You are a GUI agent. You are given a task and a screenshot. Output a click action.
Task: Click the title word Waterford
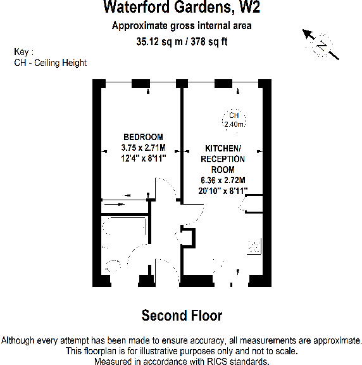point(135,8)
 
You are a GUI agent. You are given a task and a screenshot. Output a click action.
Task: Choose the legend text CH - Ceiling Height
point(50,63)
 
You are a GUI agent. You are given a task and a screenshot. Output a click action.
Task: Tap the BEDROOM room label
point(143,137)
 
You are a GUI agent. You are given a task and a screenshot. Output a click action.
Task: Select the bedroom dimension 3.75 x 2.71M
point(143,148)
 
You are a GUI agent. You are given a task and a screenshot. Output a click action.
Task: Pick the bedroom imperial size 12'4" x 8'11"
point(143,158)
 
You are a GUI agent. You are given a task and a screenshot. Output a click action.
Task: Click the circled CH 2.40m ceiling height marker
point(234,120)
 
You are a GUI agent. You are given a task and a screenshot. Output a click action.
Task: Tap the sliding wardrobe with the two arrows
point(123,204)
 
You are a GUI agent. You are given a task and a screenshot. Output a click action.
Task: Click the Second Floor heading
point(182,315)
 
